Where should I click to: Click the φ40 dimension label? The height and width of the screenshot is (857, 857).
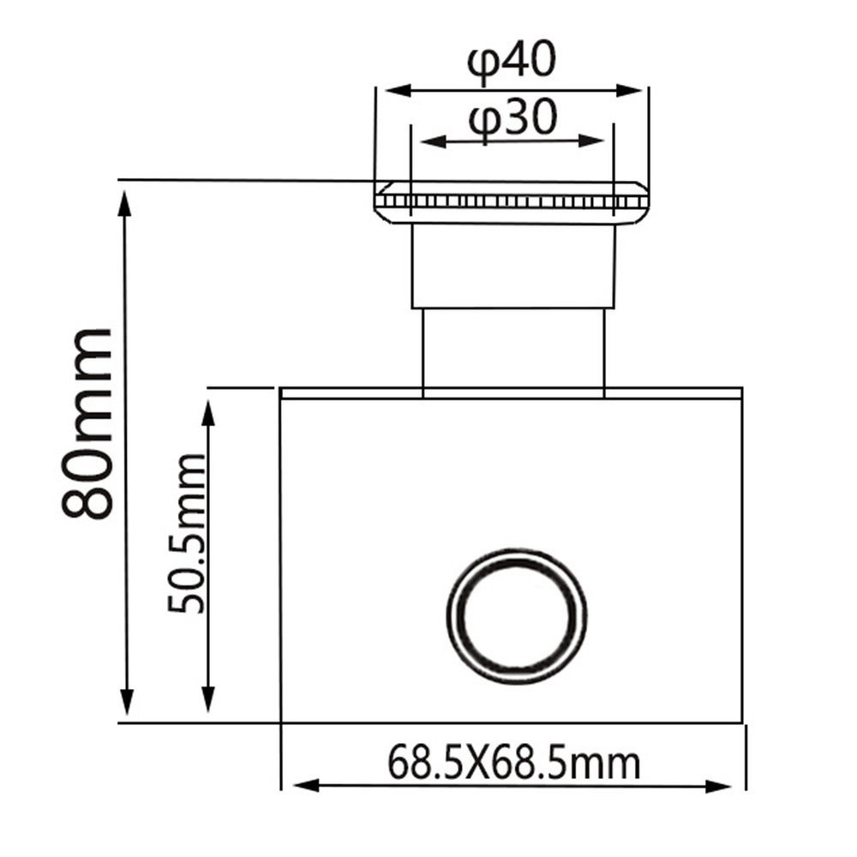tap(512, 64)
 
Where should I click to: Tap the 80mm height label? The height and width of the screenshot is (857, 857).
tap(87, 423)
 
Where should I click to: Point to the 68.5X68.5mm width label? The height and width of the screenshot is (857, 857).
tap(513, 762)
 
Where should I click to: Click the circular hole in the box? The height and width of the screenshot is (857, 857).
tap(517, 616)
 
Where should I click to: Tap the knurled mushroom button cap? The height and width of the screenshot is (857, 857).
tap(512, 201)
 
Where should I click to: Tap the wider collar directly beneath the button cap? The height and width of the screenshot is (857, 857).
tap(512, 267)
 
